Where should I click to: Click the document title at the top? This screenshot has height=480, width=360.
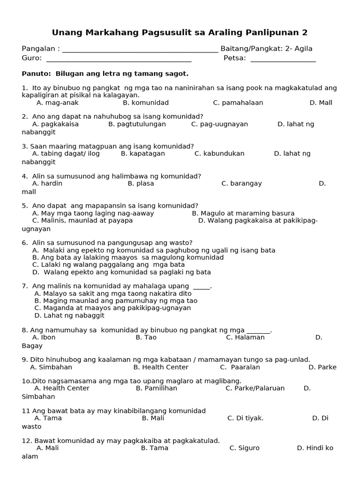(x=180, y=32)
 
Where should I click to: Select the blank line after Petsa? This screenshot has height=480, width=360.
(x=283, y=60)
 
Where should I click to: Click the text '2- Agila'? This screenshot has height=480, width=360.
(x=299, y=49)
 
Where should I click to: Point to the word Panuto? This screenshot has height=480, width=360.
(x=37, y=74)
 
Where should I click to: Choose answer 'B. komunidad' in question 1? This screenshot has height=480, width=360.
(x=146, y=103)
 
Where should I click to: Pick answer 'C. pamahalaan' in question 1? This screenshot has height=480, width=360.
(x=238, y=103)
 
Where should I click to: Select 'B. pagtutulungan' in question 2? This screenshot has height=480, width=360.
(x=137, y=124)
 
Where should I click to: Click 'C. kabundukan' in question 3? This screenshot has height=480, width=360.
(x=219, y=153)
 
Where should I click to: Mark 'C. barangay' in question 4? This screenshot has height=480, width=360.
(x=241, y=183)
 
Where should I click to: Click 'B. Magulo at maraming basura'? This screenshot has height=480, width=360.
(x=243, y=213)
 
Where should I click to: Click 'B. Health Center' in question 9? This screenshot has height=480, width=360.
(x=161, y=367)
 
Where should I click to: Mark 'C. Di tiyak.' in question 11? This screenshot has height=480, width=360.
(x=246, y=418)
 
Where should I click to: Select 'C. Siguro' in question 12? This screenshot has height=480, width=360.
(x=244, y=448)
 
